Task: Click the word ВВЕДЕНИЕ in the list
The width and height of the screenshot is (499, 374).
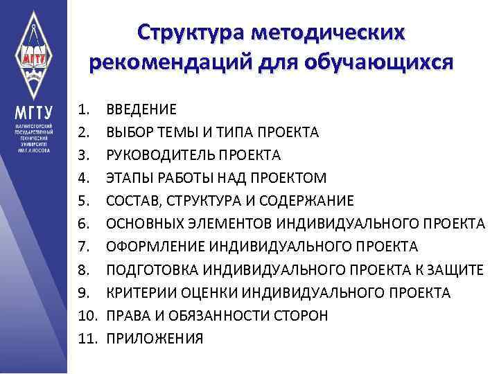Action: [141, 109]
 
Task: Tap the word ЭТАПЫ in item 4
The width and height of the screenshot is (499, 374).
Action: [128, 177]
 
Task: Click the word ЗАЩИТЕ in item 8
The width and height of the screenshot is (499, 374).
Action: [457, 269]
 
